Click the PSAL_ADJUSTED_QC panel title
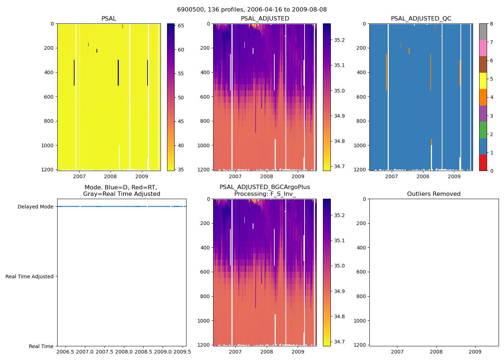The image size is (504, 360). pos(421,19)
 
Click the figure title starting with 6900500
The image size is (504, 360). pos(252,10)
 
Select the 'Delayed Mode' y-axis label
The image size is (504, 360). pos(35,207)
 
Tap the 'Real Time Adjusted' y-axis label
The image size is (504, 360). pos(29,276)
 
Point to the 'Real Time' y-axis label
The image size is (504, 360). pos(41,346)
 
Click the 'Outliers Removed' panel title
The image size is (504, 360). pos(434,194)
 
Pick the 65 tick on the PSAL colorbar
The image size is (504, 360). pos(181,26)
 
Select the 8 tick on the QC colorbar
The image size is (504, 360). pos(491,24)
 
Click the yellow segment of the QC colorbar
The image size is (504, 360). pos(483,81)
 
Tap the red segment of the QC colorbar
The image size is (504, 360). pos(483,163)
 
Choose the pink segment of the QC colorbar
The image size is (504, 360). pos(483,48)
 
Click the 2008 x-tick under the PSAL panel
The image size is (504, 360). pos(111,176)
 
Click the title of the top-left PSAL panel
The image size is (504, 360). pos(109,19)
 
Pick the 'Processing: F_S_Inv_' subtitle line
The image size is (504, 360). pos(265,194)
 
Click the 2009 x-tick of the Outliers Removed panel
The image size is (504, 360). pos(475,352)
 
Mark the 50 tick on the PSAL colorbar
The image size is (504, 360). pos(181,98)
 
